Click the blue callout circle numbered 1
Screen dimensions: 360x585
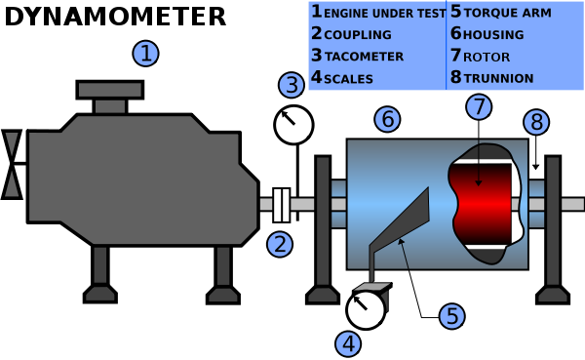tap(145, 54)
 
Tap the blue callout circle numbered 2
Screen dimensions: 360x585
tap(280, 244)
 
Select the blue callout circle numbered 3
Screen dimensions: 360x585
tap(291, 85)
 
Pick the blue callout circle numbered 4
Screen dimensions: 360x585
tap(348, 343)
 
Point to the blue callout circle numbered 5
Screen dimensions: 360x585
tap(450, 316)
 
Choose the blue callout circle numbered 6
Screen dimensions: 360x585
tap(387, 119)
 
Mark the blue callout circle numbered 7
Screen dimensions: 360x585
tap(478, 106)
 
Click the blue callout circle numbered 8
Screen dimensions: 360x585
tap(536, 122)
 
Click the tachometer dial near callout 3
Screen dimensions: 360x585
tap(293, 125)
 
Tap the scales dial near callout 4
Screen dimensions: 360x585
tap(366, 309)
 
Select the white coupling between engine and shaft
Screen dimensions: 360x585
tap(282, 205)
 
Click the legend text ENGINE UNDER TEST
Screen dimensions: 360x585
tap(384, 13)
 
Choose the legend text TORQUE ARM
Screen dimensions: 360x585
tap(507, 13)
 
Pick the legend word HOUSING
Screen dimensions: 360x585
tap(493, 35)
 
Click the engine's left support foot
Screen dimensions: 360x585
tap(100, 292)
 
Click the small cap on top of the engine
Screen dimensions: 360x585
tap(110, 90)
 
